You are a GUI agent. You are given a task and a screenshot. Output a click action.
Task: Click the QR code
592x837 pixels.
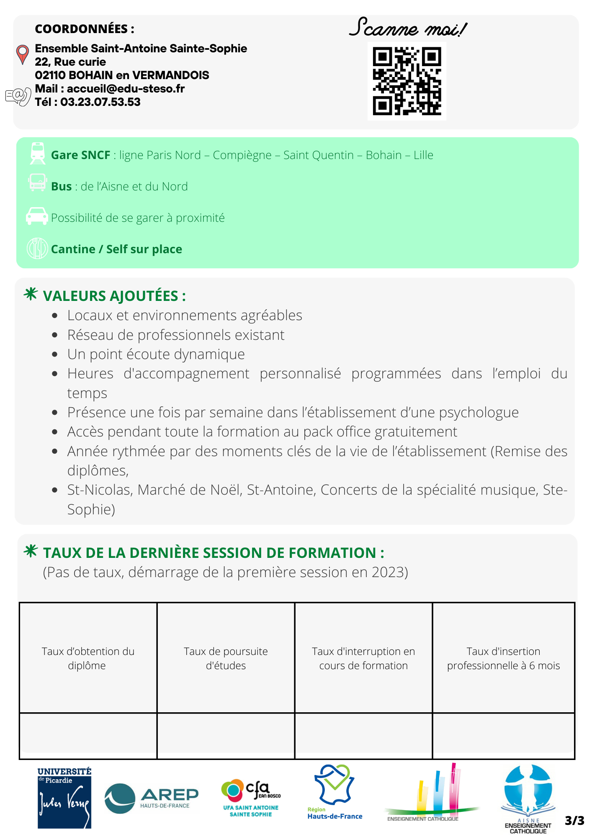pos(407,81)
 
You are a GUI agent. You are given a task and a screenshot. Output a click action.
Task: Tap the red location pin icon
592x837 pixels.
pos(22,54)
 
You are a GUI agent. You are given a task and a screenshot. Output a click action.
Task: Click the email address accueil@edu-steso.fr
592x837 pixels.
pos(126,89)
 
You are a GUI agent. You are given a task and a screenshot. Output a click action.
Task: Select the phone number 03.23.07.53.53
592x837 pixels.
pos(100,102)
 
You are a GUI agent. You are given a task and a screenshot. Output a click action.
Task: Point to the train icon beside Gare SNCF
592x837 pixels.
pos(38,153)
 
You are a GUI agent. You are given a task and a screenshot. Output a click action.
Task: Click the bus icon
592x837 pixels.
pos(37,183)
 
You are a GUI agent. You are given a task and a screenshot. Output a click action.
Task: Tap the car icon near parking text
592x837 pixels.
pos(37,216)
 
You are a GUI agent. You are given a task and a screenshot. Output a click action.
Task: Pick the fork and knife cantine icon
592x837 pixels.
pos(37,248)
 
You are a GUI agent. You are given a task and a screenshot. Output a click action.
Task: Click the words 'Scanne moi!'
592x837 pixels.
pos(407,28)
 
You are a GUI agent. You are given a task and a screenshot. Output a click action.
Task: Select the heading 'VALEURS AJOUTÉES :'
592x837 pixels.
pos(114,296)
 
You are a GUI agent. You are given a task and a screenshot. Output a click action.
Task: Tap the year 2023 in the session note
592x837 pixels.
pos(387,572)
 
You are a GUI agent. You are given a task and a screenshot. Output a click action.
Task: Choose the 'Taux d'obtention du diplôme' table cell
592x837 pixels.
pos(88,658)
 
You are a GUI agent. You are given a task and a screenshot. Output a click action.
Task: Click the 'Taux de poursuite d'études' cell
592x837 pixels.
pos(226,658)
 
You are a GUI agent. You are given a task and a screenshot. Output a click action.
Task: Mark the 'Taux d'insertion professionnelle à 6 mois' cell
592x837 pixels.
pos(503,658)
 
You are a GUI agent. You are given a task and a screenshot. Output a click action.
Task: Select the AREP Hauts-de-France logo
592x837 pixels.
pos(151,798)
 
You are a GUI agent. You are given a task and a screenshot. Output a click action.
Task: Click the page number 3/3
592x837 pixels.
pos(574,821)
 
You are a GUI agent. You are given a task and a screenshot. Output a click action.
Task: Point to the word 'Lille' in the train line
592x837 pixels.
pos(423,155)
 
